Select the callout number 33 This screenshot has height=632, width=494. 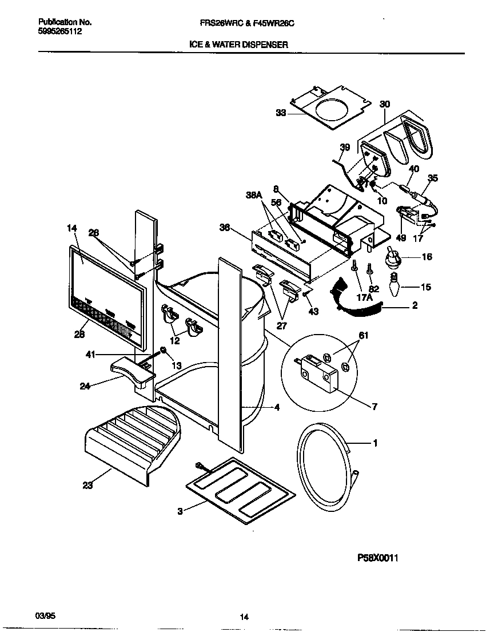coord(281,113)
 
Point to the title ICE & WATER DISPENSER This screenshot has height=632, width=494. coord(238,44)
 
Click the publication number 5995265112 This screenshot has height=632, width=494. coord(60,31)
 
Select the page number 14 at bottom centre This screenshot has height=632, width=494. coord(244,617)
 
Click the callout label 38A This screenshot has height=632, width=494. coord(253,194)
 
